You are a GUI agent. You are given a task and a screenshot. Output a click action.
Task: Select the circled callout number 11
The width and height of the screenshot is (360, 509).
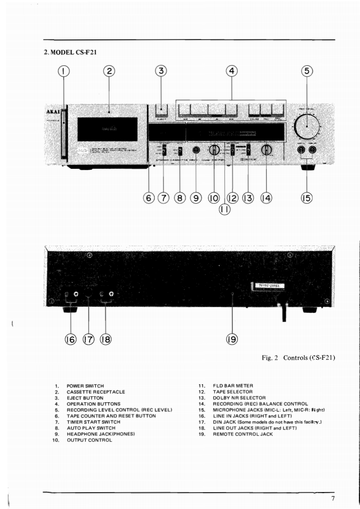225,209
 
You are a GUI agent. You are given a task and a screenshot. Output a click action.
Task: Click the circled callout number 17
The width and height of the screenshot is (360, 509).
89,338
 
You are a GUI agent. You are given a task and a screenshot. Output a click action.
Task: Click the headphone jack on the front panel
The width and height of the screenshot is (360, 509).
197,150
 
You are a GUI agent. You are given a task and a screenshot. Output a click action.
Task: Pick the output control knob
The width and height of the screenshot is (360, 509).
214,150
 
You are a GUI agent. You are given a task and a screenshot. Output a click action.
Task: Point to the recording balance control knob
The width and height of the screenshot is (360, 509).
266,150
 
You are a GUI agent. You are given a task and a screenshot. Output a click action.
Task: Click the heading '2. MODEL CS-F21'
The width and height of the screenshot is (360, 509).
70,52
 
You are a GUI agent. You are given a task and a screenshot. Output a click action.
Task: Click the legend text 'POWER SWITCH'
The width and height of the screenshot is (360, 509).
85,385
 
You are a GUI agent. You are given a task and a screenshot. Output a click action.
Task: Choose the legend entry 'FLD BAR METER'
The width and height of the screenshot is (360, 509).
232,385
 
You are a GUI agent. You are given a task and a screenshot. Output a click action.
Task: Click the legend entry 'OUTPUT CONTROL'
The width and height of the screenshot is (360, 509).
89,440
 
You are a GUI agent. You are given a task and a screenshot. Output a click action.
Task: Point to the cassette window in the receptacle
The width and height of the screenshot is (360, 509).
107,129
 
